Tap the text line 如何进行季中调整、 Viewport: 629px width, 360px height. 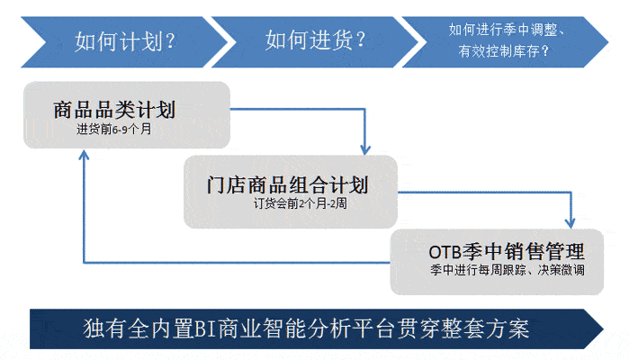[x=507, y=30]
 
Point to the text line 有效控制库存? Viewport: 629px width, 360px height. [x=503, y=51]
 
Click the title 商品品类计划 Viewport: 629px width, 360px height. [x=114, y=110]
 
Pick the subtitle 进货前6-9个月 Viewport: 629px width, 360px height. [x=114, y=129]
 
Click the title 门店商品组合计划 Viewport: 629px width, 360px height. [x=287, y=184]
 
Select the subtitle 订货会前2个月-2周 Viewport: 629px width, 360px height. [x=300, y=203]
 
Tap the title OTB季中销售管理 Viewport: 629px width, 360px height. [x=507, y=252]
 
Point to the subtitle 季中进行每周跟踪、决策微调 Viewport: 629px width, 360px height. [x=507, y=270]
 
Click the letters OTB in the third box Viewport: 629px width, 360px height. [x=445, y=252]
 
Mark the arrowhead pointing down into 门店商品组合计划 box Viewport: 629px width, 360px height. [x=365, y=149]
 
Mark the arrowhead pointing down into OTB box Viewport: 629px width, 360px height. [x=570, y=223]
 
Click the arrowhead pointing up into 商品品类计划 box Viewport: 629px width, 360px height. [x=84, y=156]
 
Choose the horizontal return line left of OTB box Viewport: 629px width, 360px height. [x=237, y=263]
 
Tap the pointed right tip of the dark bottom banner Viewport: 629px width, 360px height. [x=603, y=328]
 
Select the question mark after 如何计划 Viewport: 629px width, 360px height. [x=170, y=41]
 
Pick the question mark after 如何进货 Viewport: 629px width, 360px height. [x=361, y=40]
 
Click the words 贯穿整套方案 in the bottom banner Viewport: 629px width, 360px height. [x=463, y=328]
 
